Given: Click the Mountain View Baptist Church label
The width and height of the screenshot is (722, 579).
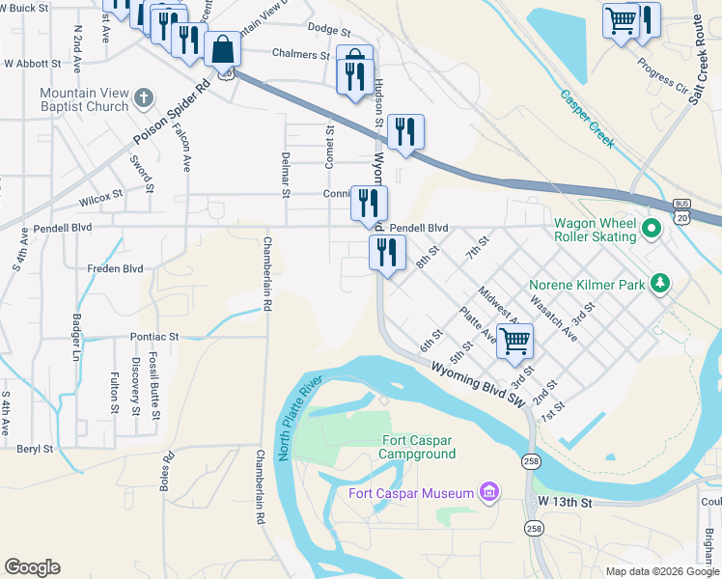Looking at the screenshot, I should tap(85, 100).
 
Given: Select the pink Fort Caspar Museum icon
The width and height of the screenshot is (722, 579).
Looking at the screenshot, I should tap(489, 493).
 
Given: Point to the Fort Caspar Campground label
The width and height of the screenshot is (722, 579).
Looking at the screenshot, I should tap(417, 447).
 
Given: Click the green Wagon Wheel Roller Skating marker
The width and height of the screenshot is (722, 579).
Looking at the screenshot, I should tap(652, 230).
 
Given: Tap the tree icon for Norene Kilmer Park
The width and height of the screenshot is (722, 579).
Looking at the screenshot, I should tap(660, 284).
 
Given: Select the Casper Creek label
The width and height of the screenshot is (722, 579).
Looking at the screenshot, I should tap(587, 120).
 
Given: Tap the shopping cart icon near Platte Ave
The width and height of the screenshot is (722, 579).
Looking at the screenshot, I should tap(515, 340).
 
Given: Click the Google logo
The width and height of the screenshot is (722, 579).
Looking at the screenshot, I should tap(32, 566).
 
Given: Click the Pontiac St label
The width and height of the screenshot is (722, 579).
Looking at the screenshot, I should tap(155, 338).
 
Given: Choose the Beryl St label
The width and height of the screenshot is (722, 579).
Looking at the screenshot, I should tap(35, 449).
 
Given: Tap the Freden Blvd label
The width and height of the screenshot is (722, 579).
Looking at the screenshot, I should tap(115, 269).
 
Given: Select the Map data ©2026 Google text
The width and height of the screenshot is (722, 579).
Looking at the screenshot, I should tap(661, 570).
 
